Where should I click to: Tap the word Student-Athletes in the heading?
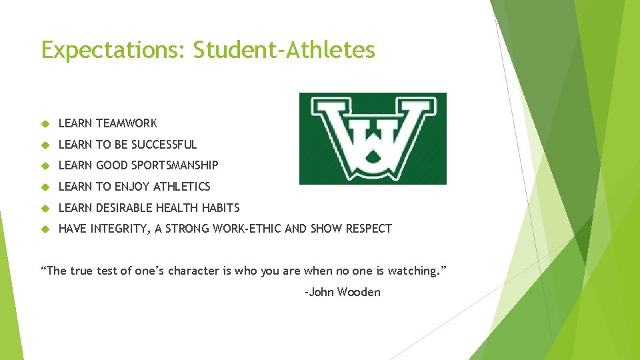(x=285, y=50)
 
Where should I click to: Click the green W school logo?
(x=373, y=139)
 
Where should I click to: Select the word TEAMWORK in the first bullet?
(x=127, y=123)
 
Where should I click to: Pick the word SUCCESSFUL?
(x=164, y=145)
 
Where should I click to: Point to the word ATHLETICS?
(x=182, y=187)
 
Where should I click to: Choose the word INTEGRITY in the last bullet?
(x=120, y=229)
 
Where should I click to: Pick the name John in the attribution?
(x=321, y=292)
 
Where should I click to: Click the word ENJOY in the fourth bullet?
(x=133, y=187)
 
